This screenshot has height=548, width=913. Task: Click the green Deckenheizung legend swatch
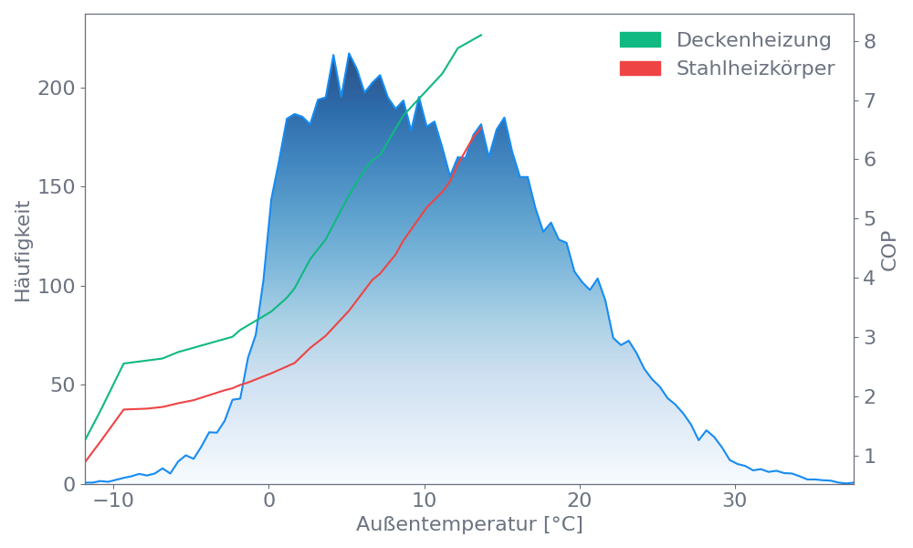[640, 40]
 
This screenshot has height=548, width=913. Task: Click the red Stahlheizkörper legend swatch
[640, 68]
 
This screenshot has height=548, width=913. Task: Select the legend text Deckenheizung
[753, 40]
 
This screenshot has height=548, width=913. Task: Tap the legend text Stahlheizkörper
[755, 68]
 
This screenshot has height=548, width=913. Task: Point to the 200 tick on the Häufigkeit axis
[56, 89]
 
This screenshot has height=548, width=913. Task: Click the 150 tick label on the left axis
[56, 187]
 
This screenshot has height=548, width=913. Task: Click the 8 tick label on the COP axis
[870, 41]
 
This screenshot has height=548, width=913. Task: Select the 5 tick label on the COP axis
[870, 218]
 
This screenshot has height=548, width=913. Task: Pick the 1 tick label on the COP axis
[870, 455]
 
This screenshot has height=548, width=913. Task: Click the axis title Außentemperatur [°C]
[469, 525]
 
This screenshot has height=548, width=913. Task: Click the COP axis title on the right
[889, 249]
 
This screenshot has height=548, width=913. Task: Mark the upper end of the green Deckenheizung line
[481, 35]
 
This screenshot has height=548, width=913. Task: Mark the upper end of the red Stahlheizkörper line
[481, 128]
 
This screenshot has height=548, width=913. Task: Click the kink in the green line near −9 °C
[124, 363]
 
